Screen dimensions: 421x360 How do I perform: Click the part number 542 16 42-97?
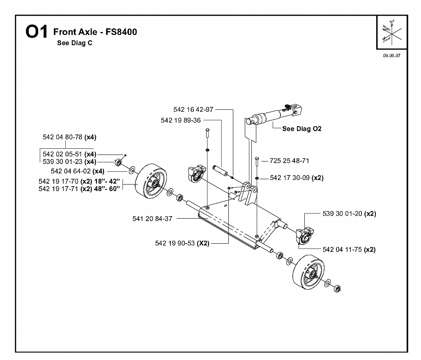tap(193, 110)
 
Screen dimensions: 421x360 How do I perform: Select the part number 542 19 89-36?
tap(181, 120)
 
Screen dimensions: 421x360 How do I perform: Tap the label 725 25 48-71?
tap(290, 161)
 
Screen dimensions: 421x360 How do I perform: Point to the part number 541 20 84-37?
tap(152, 219)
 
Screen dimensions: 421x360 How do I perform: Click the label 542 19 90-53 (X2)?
tap(182, 243)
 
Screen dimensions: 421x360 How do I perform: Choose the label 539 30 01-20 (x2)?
tap(349, 214)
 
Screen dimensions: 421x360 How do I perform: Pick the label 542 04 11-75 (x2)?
tap(349, 249)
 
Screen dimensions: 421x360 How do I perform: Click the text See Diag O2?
tap(302, 129)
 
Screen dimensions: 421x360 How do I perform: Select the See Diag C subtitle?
tap(75, 43)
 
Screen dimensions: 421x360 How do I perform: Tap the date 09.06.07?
tap(391, 55)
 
